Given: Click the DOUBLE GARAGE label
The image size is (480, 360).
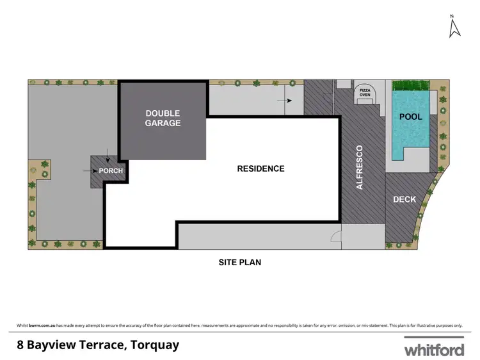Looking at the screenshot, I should pyautogui.click(x=163, y=118).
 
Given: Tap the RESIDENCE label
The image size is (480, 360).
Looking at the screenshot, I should pyautogui.click(x=260, y=168).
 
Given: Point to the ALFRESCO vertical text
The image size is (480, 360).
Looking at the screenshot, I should pyautogui.click(x=360, y=167).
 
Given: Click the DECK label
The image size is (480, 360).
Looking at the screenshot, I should pyautogui.click(x=404, y=199).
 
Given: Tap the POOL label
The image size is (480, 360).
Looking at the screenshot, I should pyautogui.click(x=411, y=117).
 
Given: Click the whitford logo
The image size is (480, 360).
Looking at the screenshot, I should pyautogui.click(x=433, y=349).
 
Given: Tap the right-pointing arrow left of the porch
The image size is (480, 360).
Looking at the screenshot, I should pyautogui.click(x=88, y=171).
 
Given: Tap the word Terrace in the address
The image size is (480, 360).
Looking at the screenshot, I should pyautogui.click(x=104, y=345).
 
